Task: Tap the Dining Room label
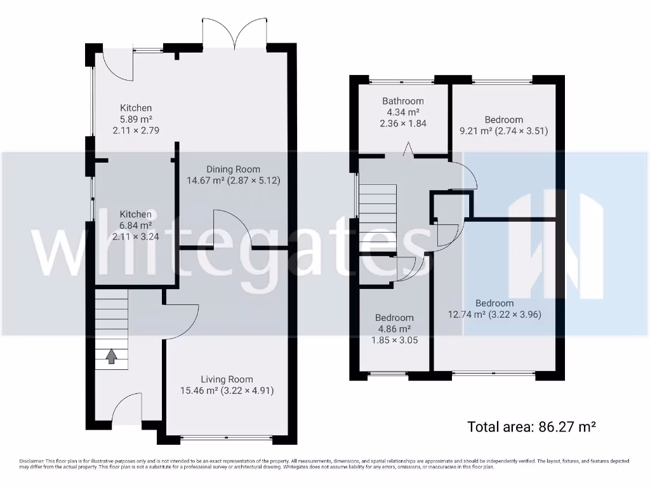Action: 233,169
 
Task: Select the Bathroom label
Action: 402,101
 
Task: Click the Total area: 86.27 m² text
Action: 532,426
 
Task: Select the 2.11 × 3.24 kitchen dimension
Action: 135,237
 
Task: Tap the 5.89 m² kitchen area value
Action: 136,119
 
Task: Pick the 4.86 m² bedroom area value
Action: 394,329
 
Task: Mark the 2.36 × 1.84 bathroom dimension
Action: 402,124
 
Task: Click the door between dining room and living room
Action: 232,230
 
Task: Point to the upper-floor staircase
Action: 378,219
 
